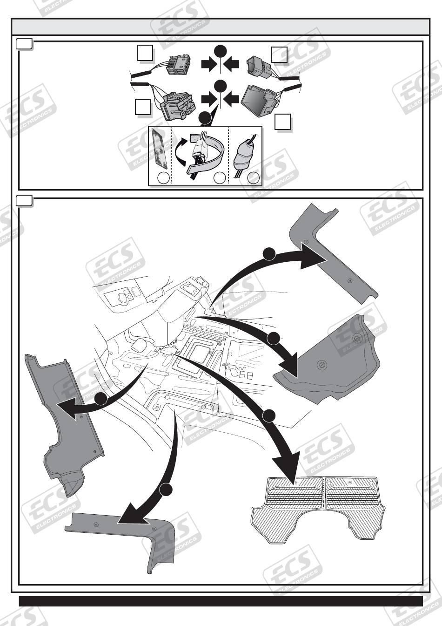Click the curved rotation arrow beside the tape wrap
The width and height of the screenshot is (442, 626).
point(180,151)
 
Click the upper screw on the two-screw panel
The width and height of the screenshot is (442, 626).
point(356,338)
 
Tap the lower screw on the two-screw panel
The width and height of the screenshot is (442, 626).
point(321,366)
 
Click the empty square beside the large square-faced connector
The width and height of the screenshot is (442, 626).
point(282,122)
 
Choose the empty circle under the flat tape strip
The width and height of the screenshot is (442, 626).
point(163,178)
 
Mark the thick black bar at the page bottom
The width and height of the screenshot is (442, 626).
point(221,601)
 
